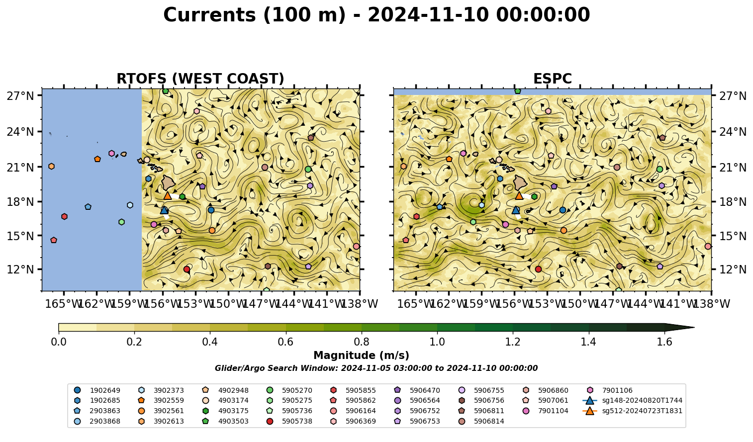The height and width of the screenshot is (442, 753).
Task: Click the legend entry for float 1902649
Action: click(97, 390)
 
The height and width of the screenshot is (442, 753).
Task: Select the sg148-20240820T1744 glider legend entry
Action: click(632, 400)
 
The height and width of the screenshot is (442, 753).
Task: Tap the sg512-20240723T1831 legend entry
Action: click(632, 411)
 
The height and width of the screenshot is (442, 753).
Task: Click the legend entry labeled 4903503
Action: click(225, 421)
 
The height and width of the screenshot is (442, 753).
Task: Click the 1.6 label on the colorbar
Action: click(664, 342)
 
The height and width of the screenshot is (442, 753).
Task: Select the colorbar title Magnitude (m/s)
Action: click(362, 355)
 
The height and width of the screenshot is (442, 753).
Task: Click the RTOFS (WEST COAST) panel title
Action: click(200, 79)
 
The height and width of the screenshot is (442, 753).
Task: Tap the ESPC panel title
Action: click(552, 79)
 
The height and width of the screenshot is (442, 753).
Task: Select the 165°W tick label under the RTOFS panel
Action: click(64, 304)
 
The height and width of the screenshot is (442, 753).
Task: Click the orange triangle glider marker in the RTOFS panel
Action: click(168, 195)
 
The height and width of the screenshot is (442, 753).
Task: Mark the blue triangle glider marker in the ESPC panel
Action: click(516, 210)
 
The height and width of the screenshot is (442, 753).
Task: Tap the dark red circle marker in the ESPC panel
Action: click(538, 269)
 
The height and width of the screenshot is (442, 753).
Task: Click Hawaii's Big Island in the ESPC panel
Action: click(520, 182)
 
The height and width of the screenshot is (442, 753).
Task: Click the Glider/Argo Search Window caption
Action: click(376, 368)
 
